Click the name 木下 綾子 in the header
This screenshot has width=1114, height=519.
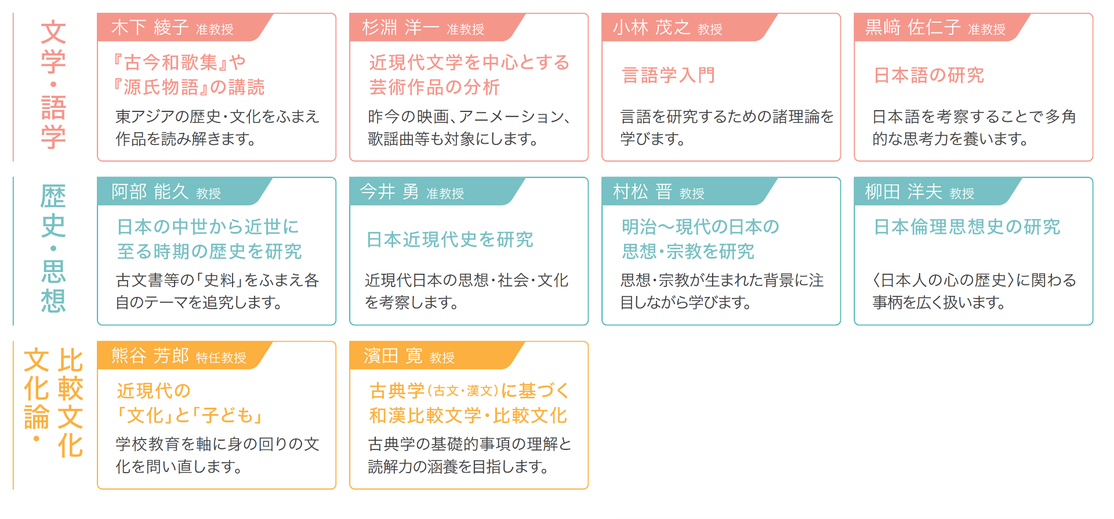(x=150, y=27)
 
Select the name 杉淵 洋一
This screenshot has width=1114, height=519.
(x=401, y=27)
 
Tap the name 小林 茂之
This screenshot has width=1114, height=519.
(x=652, y=27)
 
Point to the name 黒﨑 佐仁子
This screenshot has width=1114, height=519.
(x=913, y=27)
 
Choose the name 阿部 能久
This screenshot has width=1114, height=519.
(x=150, y=191)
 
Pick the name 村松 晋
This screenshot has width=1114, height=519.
(x=643, y=191)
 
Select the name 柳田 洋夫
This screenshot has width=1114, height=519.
(x=903, y=191)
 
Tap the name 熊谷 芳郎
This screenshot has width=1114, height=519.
(x=150, y=355)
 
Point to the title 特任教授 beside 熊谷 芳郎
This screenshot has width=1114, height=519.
(x=221, y=358)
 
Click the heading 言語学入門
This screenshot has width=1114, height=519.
(x=668, y=75)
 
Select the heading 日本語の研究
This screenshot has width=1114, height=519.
(x=929, y=75)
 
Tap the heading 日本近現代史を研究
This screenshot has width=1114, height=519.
(x=450, y=239)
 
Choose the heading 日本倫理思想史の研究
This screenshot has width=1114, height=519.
(x=967, y=227)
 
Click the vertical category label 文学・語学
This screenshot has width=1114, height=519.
(x=53, y=85)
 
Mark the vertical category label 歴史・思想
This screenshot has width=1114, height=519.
(x=53, y=249)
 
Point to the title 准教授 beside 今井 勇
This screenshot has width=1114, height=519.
(x=445, y=194)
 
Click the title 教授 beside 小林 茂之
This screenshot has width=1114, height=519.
(x=710, y=30)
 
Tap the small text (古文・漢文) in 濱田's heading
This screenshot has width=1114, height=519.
(x=463, y=391)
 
